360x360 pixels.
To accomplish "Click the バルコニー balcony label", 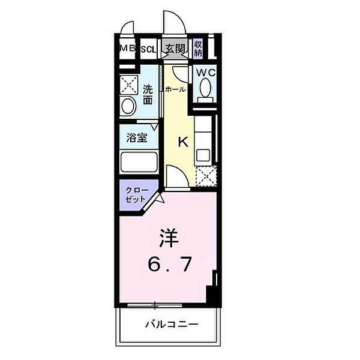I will (171, 325).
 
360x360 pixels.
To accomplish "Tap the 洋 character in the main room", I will (170, 239).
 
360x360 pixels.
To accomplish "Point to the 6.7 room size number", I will (171, 264).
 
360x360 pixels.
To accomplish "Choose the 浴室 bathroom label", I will (136, 137).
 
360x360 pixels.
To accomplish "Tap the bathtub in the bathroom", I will (139, 162).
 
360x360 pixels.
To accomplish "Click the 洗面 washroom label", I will (148, 94).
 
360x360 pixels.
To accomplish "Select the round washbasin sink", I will (127, 106).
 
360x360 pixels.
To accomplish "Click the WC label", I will (204, 73).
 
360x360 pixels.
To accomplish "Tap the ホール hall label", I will (175, 89).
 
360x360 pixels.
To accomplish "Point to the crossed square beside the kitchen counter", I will (205, 175).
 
